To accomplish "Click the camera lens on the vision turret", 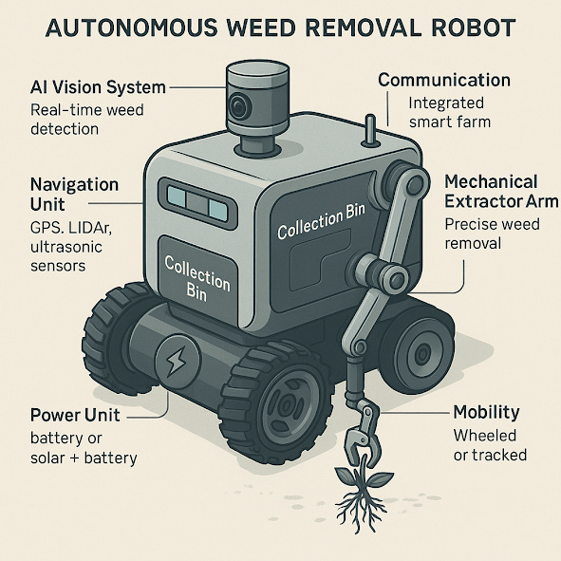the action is click(238, 106).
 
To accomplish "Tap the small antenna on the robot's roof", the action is click(370, 131).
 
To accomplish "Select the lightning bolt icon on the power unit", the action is click(177, 361).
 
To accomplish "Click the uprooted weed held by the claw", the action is click(363, 496).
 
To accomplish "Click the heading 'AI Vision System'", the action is click(98, 87).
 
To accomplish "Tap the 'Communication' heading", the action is click(444, 80).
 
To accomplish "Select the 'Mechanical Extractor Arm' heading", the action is click(501, 192).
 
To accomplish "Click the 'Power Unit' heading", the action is click(75, 415).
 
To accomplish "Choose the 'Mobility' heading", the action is click(486, 413).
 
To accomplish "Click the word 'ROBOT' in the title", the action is click(474, 28).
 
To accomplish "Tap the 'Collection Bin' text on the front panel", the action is click(197, 279).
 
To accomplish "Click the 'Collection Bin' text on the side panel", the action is click(321, 221).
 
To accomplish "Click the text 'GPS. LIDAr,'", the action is click(71, 228).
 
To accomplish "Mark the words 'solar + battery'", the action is click(84, 458).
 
